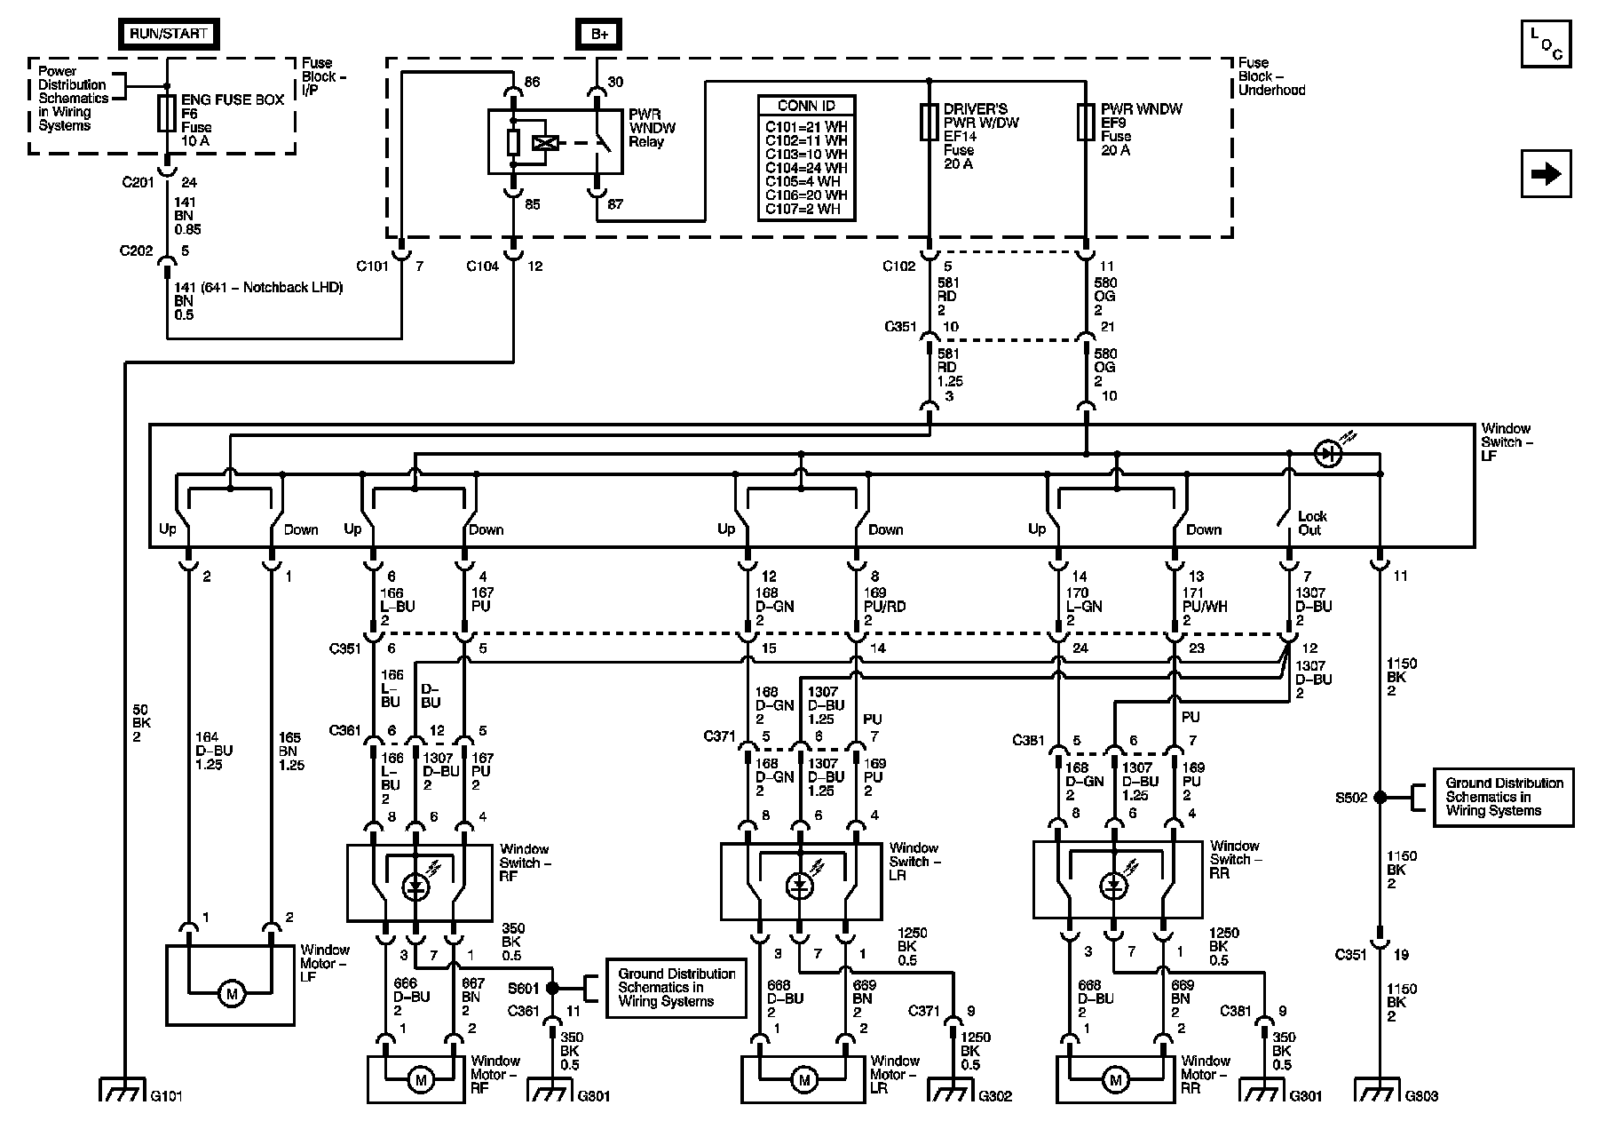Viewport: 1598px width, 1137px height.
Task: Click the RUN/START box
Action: click(168, 34)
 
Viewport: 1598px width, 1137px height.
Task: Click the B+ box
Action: click(599, 34)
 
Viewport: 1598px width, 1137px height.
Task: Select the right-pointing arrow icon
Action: click(1546, 173)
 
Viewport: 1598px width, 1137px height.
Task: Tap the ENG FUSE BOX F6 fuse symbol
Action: click(166, 113)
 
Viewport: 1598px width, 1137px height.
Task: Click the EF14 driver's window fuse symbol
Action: click(929, 122)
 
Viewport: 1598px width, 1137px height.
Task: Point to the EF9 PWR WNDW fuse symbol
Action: click(1086, 122)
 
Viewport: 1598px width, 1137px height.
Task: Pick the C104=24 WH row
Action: click(806, 168)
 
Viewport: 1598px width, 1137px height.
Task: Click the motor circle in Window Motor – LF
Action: click(232, 994)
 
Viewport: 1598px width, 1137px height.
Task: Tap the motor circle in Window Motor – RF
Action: click(421, 1080)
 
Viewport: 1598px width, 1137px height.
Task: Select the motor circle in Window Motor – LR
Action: click(804, 1080)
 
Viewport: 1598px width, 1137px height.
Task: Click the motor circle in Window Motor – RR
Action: click(1114, 1080)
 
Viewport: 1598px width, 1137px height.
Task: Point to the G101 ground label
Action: click(166, 1096)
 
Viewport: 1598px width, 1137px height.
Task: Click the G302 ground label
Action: click(994, 1096)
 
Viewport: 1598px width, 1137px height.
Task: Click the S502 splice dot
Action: click(1380, 798)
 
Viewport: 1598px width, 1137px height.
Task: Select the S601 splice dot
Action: click(553, 988)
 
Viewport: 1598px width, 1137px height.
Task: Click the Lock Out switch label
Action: click(1311, 523)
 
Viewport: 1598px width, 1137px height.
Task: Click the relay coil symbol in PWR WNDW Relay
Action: click(543, 143)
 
